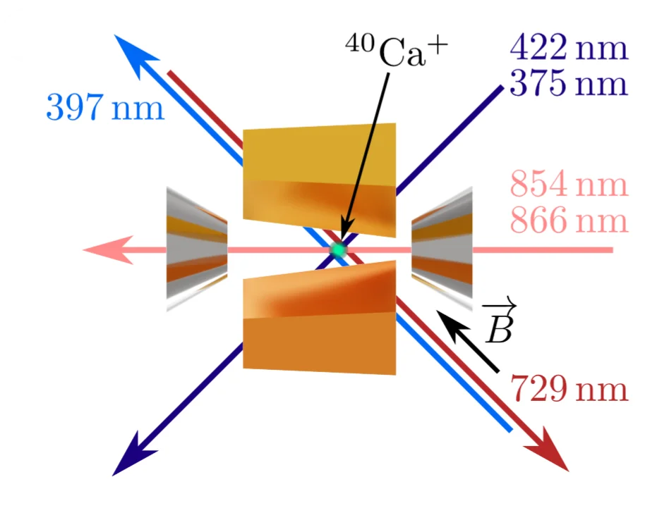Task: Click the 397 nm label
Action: pos(105,107)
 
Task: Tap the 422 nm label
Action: pos(569,47)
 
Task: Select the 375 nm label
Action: pos(569,82)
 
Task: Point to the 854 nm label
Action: pos(569,184)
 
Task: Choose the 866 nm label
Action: pos(569,220)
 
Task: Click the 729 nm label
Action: pos(569,388)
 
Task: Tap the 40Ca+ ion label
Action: pos(397,51)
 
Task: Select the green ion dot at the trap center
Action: pos(338,249)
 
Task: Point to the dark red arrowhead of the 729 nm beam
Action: pos(548,450)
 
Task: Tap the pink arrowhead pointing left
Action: pos(108,249)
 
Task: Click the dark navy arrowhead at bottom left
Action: pos(133,455)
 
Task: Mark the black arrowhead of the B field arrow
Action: pos(452,326)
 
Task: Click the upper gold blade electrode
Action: pos(320,180)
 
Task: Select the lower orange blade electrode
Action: pos(320,318)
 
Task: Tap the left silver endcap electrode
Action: pos(197,249)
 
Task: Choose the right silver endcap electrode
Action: pos(442,249)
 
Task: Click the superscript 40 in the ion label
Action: pos(360,43)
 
